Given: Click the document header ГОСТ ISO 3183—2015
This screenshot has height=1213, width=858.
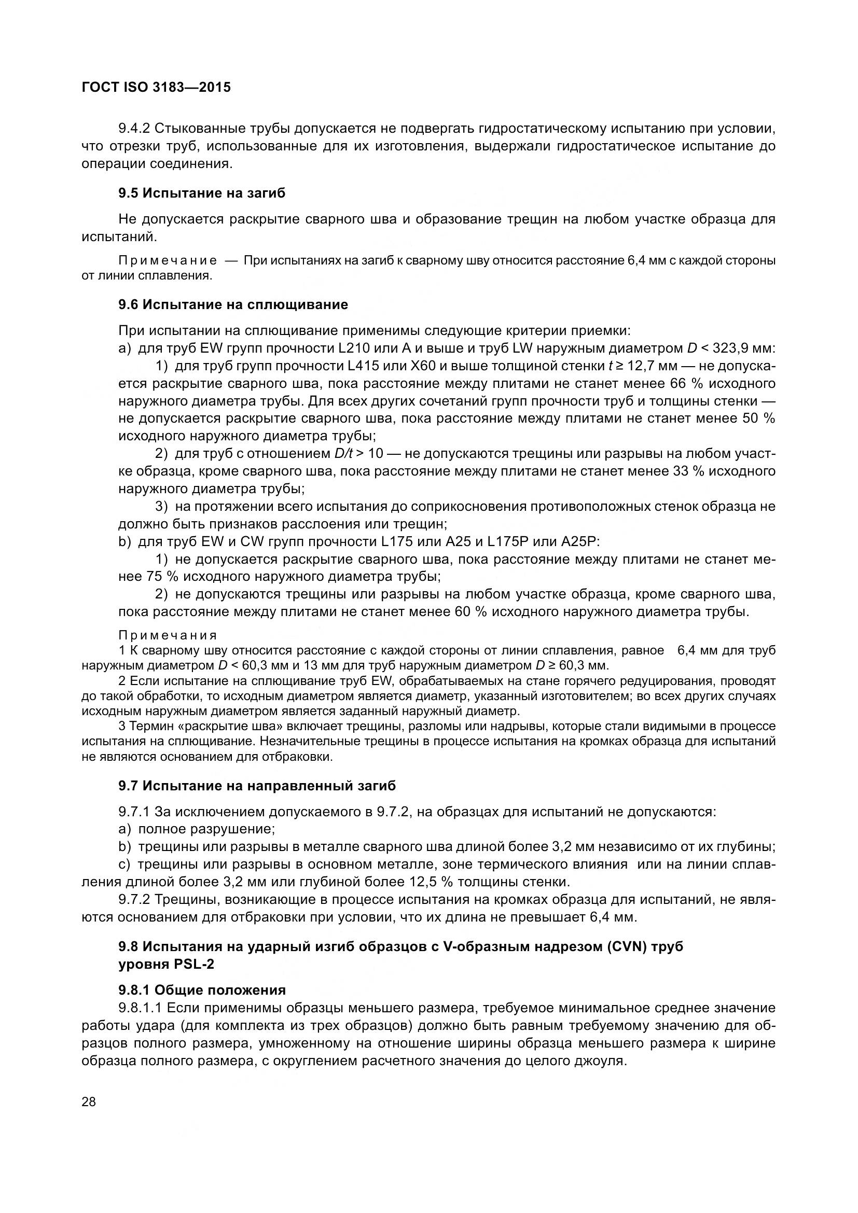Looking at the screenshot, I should [x=156, y=87].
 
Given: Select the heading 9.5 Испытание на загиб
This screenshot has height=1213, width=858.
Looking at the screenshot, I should [x=202, y=193].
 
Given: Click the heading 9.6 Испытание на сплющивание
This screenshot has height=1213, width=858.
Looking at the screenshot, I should [x=233, y=305].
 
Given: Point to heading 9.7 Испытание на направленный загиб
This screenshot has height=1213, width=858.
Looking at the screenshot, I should [x=257, y=786].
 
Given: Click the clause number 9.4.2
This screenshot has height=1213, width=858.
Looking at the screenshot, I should [x=135, y=129].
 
